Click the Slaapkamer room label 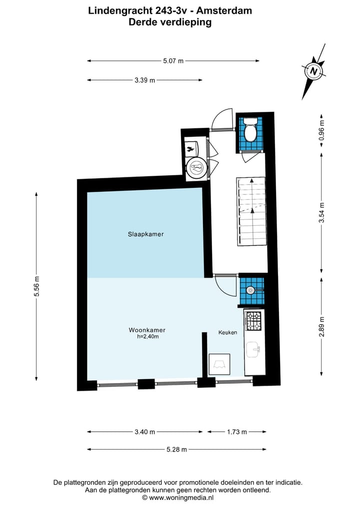(146, 234)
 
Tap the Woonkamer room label (147, 330)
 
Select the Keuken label (227, 332)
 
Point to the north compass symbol (313, 72)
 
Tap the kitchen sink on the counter (254, 350)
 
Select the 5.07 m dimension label (173, 61)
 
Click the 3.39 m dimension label (144, 80)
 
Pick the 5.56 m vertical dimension (36, 287)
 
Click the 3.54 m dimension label (321, 213)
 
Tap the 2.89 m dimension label (321, 326)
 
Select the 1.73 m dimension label (236, 432)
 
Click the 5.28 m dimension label (176, 449)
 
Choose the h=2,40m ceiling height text (148, 337)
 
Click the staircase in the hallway (251, 211)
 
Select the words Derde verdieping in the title (170, 22)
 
